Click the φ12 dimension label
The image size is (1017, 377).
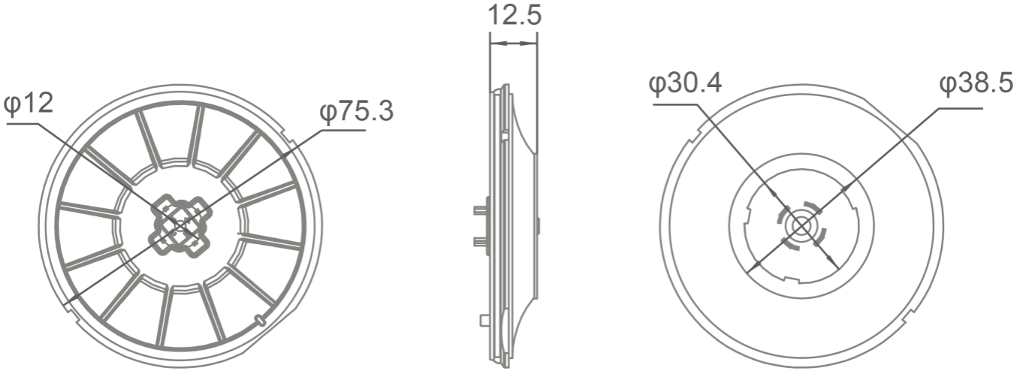[30, 104]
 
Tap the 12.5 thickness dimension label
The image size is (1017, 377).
[514, 16]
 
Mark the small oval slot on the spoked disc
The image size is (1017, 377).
[260, 320]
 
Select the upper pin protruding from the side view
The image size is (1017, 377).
[478, 211]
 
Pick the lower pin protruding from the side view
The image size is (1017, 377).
[478, 241]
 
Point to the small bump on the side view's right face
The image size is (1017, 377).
[539, 224]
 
